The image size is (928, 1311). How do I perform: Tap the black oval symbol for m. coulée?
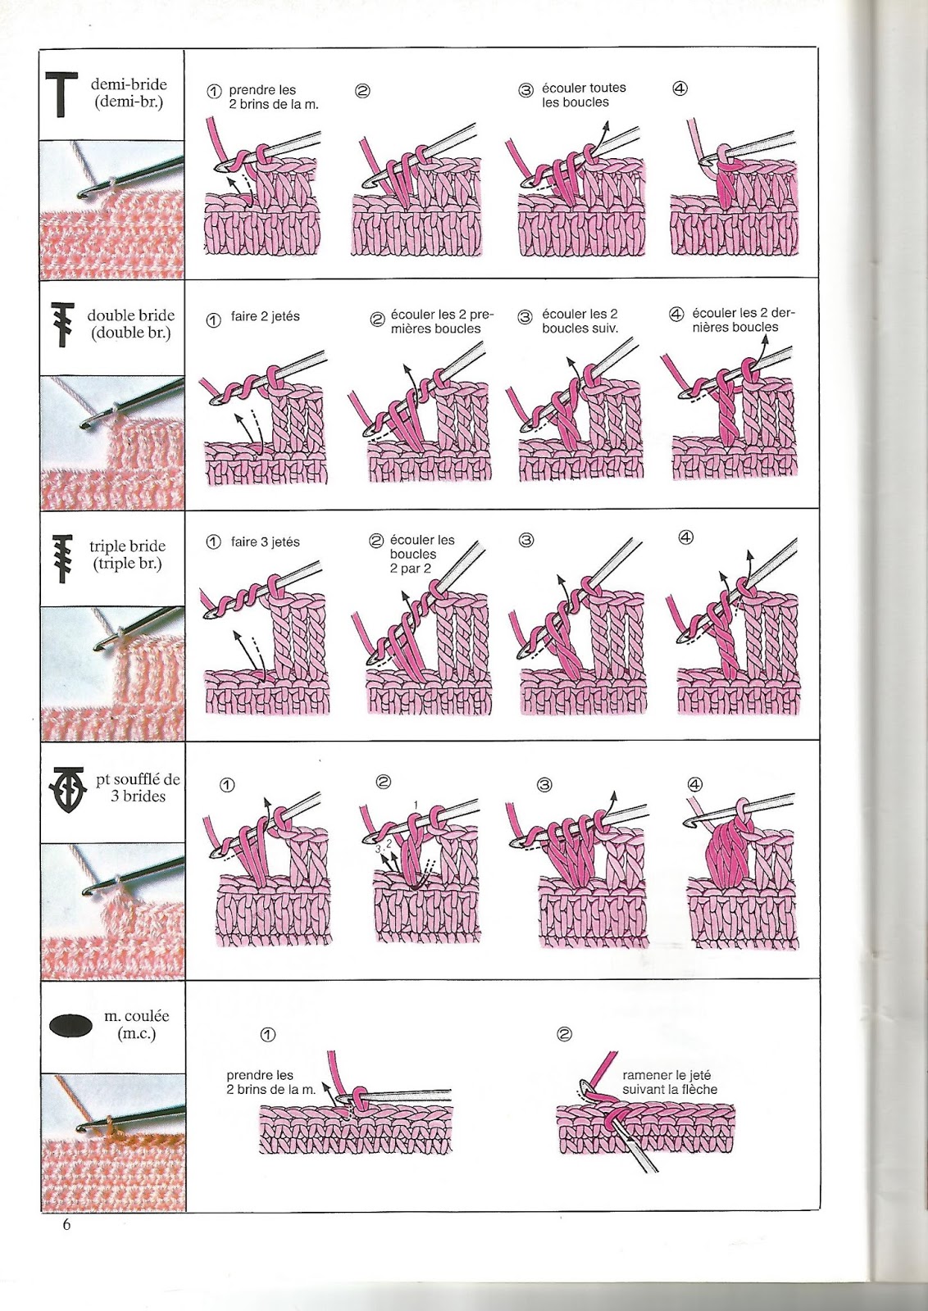[x=71, y=1025]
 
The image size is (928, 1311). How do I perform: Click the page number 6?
[x=66, y=1224]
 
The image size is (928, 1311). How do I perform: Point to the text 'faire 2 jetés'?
[x=265, y=316]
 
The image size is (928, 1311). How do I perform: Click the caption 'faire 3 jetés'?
[x=265, y=542]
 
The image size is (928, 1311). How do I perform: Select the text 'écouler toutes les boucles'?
[x=583, y=95]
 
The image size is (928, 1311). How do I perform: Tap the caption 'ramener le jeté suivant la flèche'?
[x=669, y=1082]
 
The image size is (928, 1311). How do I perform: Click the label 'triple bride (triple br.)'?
[x=127, y=555]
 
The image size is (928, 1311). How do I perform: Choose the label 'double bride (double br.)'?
[x=130, y=324]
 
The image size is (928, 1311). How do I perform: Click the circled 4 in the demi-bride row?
[x=680, y=88]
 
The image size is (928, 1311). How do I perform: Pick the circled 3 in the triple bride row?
[x=526, y=539]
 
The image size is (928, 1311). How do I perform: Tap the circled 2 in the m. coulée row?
[x=564, y=1034]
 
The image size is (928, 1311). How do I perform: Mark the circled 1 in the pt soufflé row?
[x=227, y=785]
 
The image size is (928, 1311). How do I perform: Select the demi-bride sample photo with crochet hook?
[x=113, y=209]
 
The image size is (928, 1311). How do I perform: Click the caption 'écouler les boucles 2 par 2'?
[x=421, y=554]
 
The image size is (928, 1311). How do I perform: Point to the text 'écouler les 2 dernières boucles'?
[x=742, y=320]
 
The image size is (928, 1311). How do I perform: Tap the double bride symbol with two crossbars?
[x=63, y=325]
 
